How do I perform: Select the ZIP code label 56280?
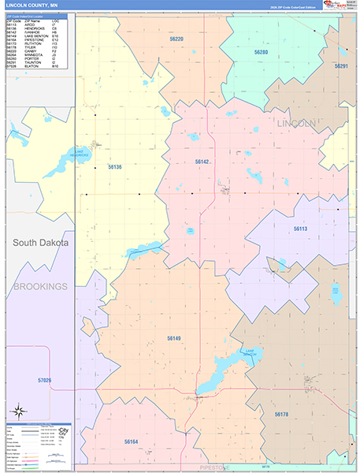coord(262,52)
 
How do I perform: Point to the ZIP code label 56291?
coord(340,66)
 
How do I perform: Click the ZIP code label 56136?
coord(114,166)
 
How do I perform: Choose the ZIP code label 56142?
coord(202,162)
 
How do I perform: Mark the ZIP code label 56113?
coord(300,229)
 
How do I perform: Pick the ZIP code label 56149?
coord(174,338)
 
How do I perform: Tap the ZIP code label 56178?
coord(282,413)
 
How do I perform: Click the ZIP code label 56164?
coord(131,441)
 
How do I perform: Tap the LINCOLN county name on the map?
coord(296,124)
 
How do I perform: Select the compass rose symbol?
coord(19,411)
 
